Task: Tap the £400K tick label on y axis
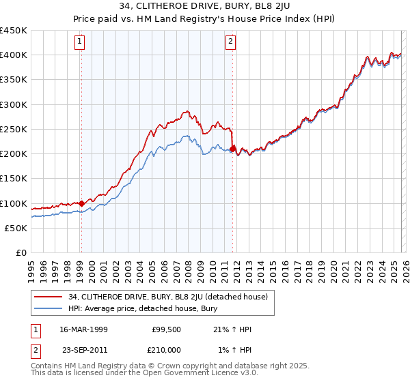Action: [x=14, y=55]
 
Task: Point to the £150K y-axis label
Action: [x=14, y=178]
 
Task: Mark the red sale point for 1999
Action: [x=81, y=203]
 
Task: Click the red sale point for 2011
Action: [x=233, y=149]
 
